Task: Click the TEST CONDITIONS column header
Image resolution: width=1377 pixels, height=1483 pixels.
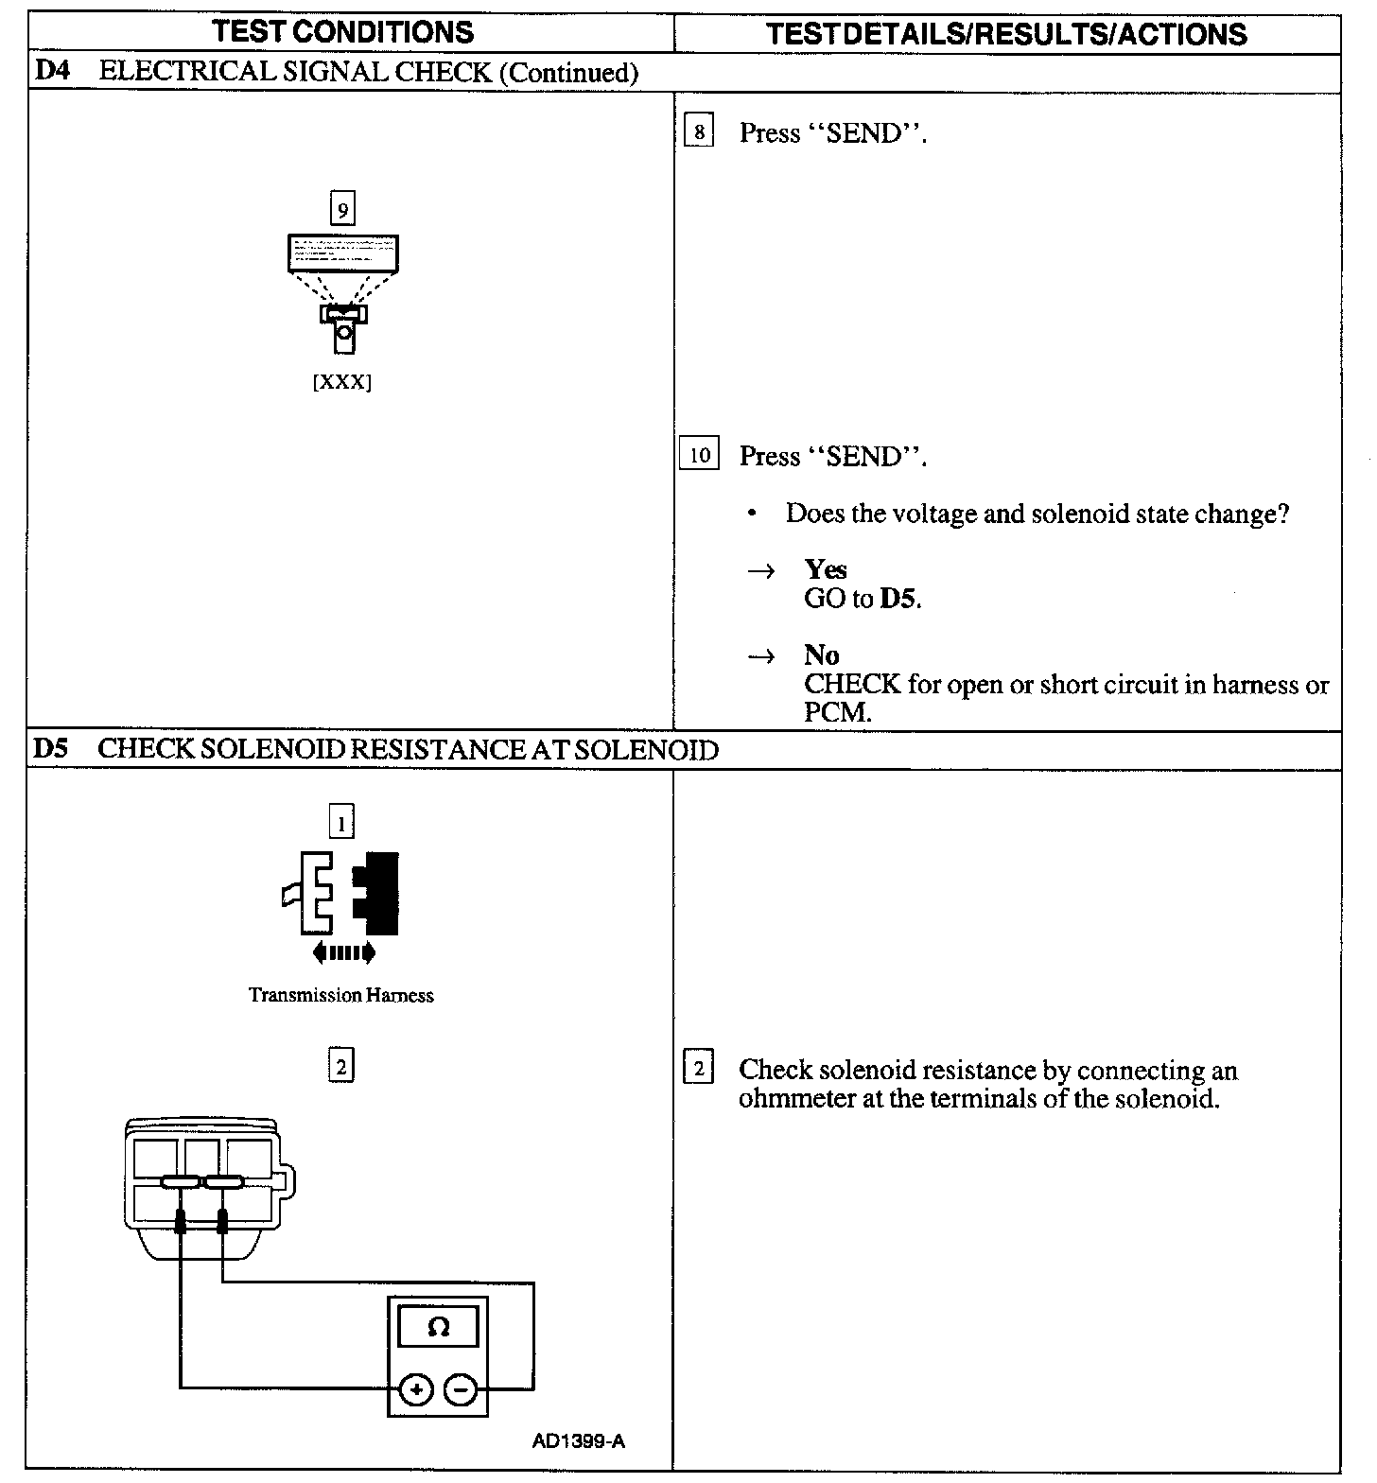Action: pyautogui.click(x=343, y=31)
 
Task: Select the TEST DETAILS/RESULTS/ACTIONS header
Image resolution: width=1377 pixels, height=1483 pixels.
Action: pyautogui.click(x=1006, y=34)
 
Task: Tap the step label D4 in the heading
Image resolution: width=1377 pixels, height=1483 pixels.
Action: pyautogui.click(x=51, y=72)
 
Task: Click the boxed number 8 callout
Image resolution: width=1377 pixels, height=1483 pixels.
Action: pyautogui.click(x=699, y=131)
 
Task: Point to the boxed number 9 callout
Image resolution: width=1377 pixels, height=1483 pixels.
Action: pyautogui.click(x=342, y=208)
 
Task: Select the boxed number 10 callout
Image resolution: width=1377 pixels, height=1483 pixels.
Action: pyautogui.click(x=699, y=455)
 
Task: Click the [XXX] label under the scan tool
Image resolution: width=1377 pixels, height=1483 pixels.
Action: pyautogui.click(x=342, y=383)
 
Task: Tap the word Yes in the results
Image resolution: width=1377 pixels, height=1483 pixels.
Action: pyautogui.click(x=826, y=569)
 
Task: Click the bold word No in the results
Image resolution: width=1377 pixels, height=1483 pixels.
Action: pyautogui.click(x=821, y=654)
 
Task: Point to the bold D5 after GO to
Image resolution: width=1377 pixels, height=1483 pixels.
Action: pyautogui.click(x=898, y=599)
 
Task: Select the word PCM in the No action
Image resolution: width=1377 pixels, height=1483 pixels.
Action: pyautogui.click(x=836, y=712)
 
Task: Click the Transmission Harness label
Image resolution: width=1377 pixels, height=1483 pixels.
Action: pyautogui.click(x=341, y=995)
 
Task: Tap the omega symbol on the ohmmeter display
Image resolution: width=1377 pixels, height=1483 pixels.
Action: pyautogui.click(x=438, y=1327)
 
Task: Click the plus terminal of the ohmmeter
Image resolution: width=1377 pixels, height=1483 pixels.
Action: pyautogui.click(x=416, y=1390)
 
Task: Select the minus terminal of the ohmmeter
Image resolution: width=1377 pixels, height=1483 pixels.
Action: pyautogui.click(x=460, y=1390)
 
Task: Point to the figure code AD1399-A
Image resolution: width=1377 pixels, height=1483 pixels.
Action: pyautogui.click(x=578, y=1441)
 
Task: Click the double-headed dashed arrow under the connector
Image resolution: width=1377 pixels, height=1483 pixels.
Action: pyautogui.click(x=343, y=952)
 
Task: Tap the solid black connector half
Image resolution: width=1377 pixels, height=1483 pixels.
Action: pyautogui.click(x=377, y=885)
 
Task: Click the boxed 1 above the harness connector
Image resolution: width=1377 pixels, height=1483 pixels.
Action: pyautogui.click(x=341, y=821)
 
